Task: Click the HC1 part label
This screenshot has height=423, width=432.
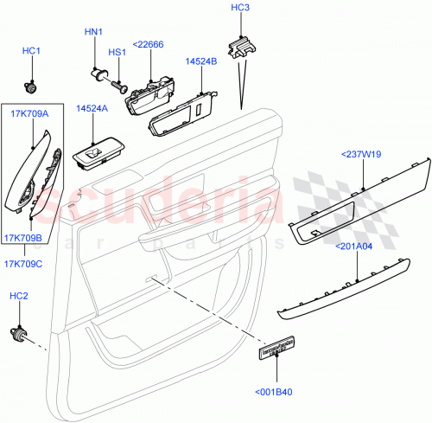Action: pos(32,52)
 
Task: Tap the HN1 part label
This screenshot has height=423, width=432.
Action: pos(93,32)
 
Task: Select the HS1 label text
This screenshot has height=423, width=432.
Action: pos(117,53)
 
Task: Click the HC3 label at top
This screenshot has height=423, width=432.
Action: pos(240,8)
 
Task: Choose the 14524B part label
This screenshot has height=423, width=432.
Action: pos(200,61)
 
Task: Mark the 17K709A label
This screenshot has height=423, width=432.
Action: pos(30,112)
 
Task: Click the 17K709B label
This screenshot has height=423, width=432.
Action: pos(29,238)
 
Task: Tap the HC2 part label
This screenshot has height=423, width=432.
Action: pos(18,297)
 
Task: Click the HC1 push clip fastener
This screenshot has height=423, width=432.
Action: pos(32,86)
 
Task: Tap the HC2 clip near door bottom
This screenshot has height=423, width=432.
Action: pos(18,334)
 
